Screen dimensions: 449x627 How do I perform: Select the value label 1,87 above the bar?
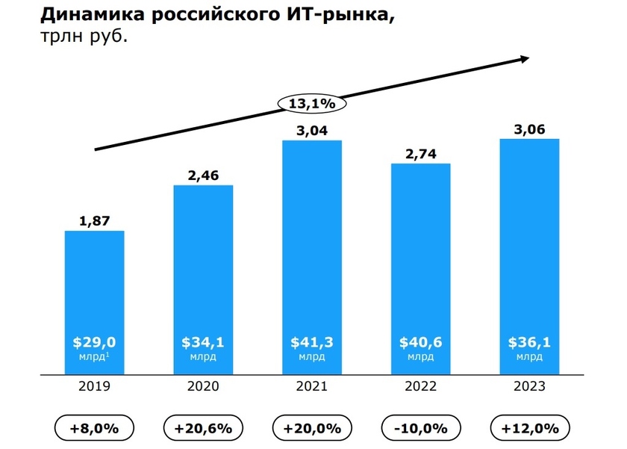click(x=94, y=221)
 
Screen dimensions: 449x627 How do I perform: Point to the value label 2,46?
click(x=203, y=176)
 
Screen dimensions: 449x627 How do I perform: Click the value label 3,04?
click(x=312, y=131)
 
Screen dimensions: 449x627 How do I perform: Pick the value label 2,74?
click(x=421, y=154)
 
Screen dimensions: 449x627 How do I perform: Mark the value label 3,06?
click(x=530, y=129)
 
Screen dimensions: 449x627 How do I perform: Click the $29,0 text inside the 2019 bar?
click(x=94, y=342)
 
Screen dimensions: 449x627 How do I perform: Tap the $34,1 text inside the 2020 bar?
click(x=203, y=342)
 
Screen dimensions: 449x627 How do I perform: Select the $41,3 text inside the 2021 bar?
click(x=312, y=342)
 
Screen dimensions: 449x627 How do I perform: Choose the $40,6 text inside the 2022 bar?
click(x=421, y=342)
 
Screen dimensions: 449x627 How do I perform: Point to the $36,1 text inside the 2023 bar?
click(x=530, y=342)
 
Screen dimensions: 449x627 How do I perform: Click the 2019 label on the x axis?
click(x=94, y=386)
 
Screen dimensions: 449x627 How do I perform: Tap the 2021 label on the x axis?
click(x=312, y=386)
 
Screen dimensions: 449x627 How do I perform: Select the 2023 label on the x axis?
click(x=530, y=386)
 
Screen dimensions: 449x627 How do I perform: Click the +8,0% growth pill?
click(x=94, y=428)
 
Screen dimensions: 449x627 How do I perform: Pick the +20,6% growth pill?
click(x=203, y=428)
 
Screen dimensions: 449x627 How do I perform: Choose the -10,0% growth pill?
click(x=421, y=428)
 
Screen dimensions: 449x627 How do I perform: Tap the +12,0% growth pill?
click(x=530, y=428)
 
